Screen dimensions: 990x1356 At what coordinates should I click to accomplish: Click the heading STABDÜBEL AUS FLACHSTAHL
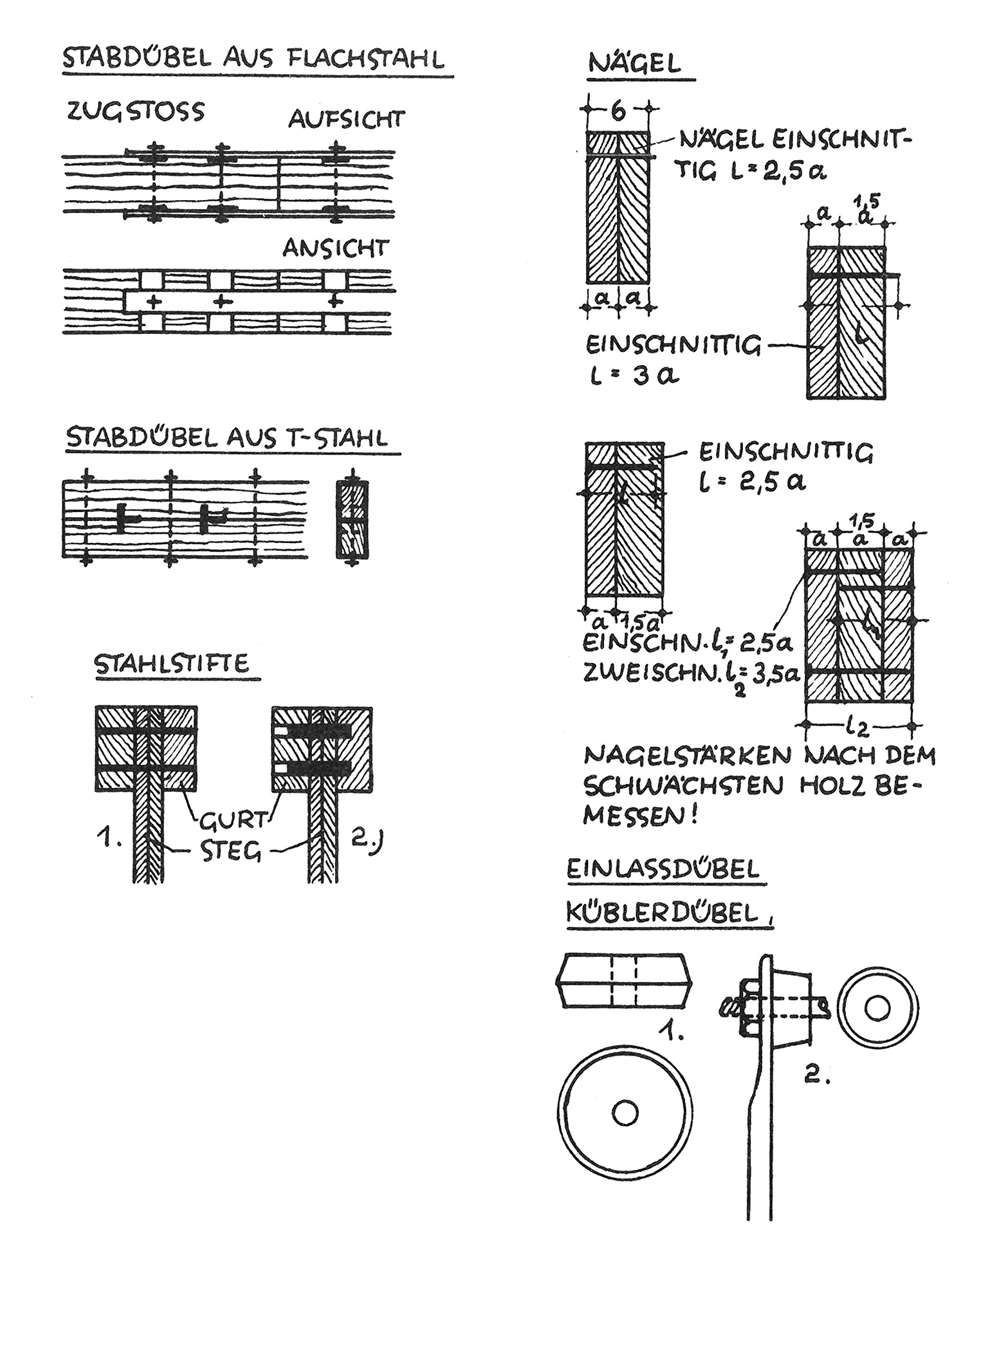(x=253, y=59)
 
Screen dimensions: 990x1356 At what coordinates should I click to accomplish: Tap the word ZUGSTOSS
(x=135, y=111)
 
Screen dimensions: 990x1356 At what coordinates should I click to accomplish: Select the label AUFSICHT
(x=346, y=119)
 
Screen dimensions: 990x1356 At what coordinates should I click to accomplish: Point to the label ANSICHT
(x=336, y=248)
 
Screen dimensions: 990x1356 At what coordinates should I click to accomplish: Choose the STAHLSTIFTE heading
(x=172, y=664)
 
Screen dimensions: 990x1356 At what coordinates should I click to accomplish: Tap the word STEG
(x=232, y=852)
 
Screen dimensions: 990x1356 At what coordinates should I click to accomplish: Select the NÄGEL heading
(x=634, y=63)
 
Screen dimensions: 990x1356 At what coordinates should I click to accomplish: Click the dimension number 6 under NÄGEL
(x=618, y=111)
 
